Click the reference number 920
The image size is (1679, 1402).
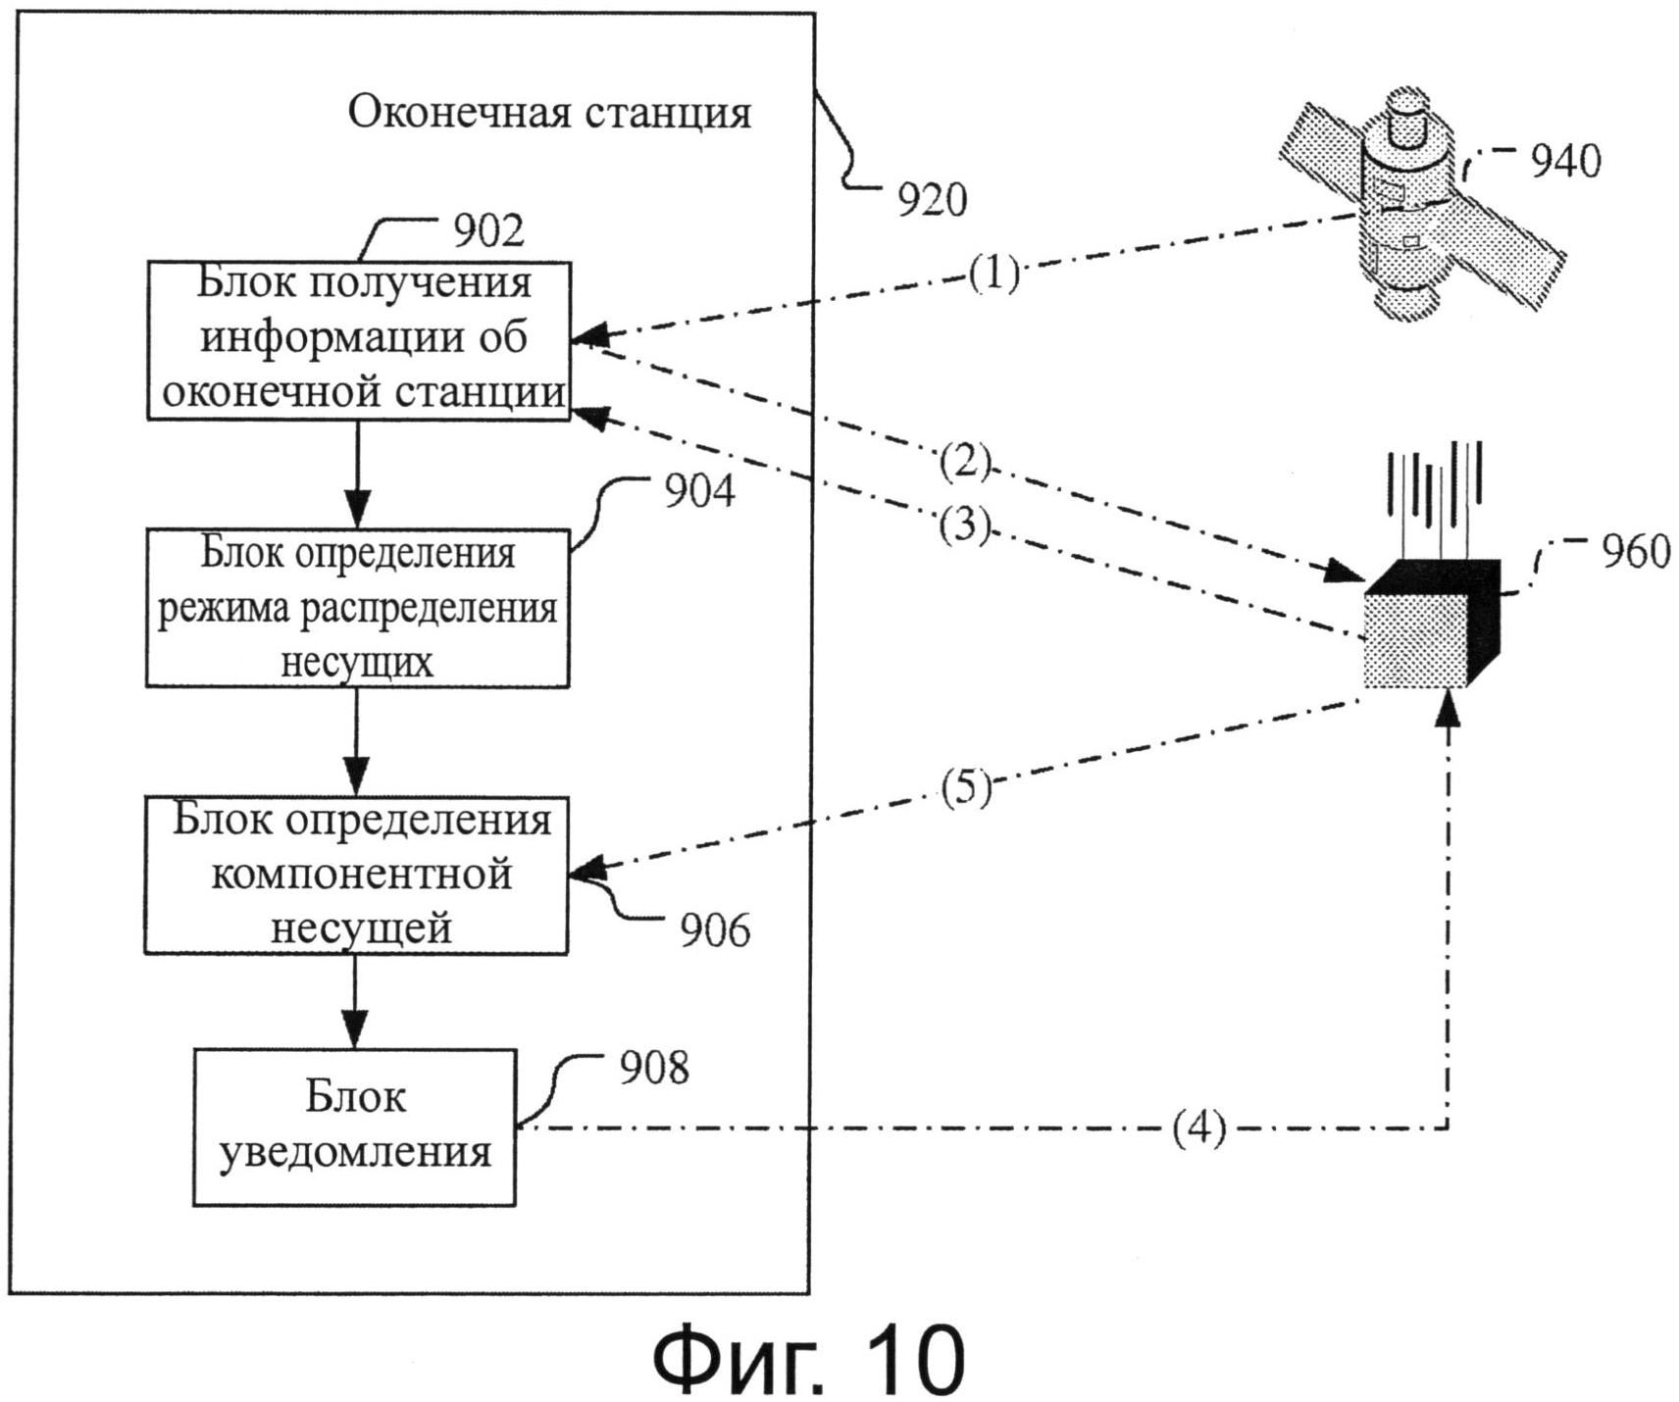[932, 200]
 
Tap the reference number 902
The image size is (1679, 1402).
[488, 229]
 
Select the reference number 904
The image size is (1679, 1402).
[699, 490]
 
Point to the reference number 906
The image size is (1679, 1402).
[715, 929]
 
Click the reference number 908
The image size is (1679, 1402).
[654, 1067]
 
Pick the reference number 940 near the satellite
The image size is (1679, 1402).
[1565, 161]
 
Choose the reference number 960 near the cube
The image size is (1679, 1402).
[1636, 551]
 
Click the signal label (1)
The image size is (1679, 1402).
[994, 274]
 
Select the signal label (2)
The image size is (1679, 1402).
[965, 462]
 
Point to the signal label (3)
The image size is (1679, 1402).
[965, 526]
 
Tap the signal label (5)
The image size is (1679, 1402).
[966, 787]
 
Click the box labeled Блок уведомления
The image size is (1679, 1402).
[354, 1127]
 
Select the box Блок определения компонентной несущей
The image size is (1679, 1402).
[356, 875]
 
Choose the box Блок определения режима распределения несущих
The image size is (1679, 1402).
[357, 608]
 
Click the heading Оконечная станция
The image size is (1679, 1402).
[549, 113]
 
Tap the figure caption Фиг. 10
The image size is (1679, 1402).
[809, 1358]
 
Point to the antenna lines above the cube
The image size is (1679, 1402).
[1434, 490]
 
